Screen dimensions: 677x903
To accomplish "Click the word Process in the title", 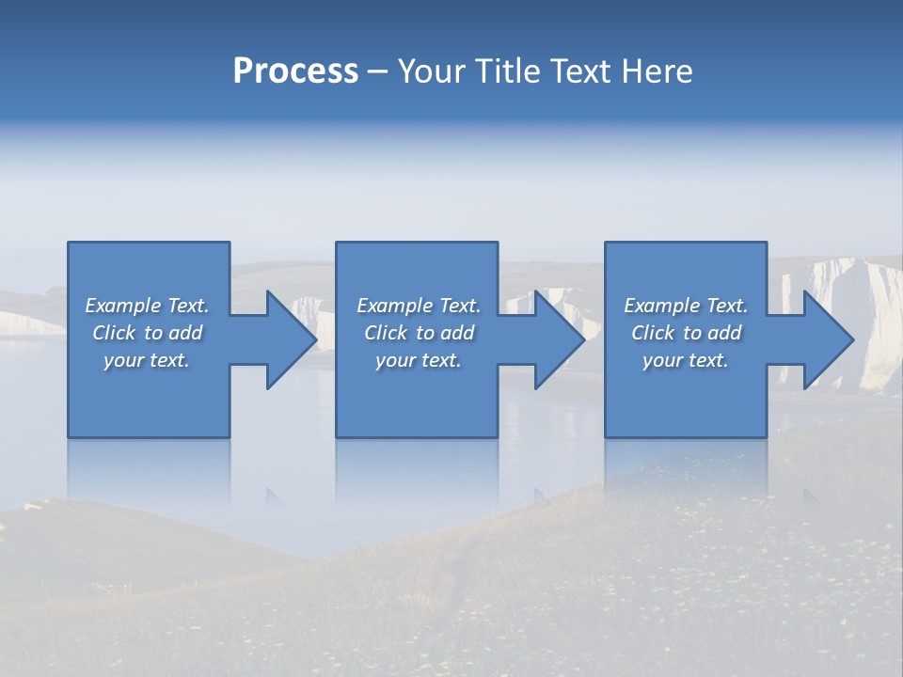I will click(295, 71).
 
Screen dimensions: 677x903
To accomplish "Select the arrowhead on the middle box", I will click(557, 339).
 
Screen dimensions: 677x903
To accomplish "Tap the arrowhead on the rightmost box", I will click(826, 339).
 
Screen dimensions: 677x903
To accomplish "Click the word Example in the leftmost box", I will click(123, 306).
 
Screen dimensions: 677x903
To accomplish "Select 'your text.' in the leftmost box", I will click(147, 360).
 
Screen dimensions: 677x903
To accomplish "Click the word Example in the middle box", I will click(394, 306).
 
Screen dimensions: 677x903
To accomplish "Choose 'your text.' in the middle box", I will click(418, 360).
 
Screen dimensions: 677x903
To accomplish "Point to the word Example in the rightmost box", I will click(661, 306).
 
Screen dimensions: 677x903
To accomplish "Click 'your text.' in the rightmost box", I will click(686, 360).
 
